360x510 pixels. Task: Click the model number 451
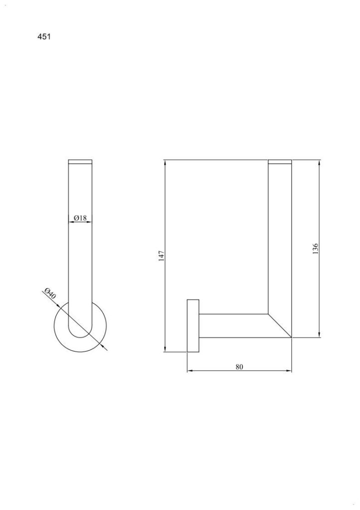click(44, 37)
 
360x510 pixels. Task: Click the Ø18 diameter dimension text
click(80, 218)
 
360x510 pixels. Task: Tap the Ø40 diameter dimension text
click(50, 294)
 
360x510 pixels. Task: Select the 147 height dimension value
click(162, 255)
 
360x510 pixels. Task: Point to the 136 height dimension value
click(315, 249)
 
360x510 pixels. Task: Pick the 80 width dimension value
click(239, 367)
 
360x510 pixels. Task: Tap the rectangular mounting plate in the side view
click(193, 326)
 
